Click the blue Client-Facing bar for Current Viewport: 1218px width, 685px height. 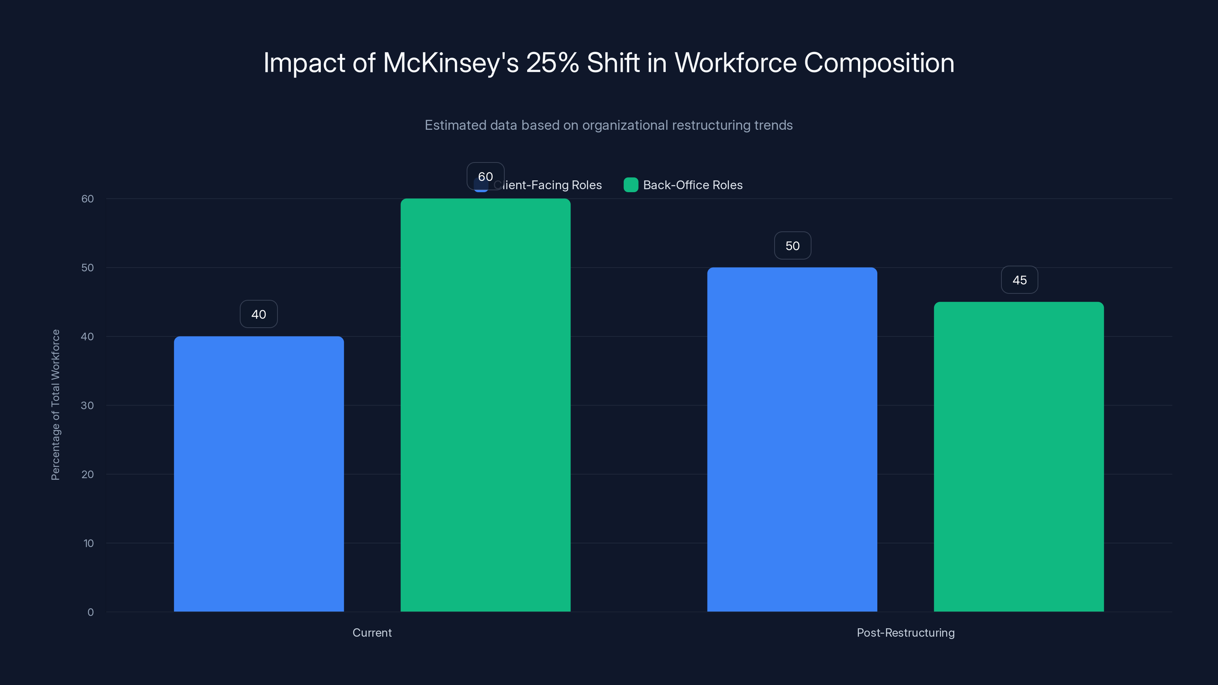click(x=259, y=474)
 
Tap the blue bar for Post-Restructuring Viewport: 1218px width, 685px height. click(x=792, y=439)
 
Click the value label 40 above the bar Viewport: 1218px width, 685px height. click(x=259, y=314)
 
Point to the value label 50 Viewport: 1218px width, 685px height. click(x=792, y=246)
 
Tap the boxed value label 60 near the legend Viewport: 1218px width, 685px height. click(x=486, y=176)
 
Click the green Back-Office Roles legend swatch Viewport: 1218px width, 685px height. click(x=631, y=185)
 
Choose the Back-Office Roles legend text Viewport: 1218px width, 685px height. click(x=693, y=185)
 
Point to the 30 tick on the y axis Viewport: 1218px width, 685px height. click(x=88, y=406)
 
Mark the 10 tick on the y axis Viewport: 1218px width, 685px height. click(x=88, y=543)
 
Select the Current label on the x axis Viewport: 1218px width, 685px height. click(x=372, y=632)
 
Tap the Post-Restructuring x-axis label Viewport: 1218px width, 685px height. click(x=906, y=632)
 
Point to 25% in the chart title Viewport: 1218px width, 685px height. click(x=552, y=63)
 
